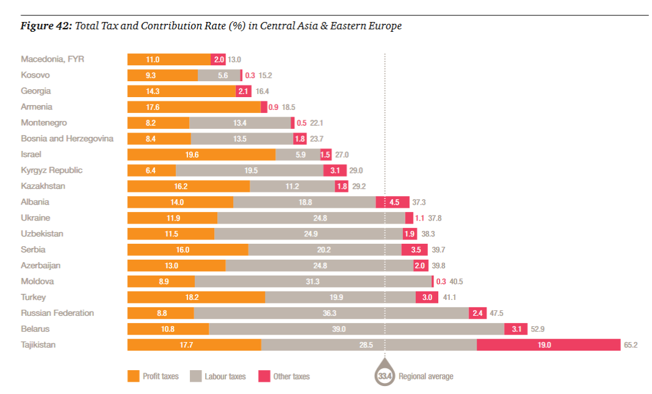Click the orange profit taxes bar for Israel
201,155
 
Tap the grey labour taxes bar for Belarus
357,329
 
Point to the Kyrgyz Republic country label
52,170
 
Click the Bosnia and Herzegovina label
67,139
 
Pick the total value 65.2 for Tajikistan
631,345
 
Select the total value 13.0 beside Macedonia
234,59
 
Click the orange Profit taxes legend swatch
134,376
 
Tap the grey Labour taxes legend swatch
195,376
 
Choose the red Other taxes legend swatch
264,376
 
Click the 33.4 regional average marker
385,376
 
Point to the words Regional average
426,376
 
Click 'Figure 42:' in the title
46,26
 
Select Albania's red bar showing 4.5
393,202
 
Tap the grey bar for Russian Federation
331,313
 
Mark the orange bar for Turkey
197,297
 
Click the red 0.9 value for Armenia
273,107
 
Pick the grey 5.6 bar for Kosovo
219,75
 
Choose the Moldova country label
37,282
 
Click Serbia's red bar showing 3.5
415,250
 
